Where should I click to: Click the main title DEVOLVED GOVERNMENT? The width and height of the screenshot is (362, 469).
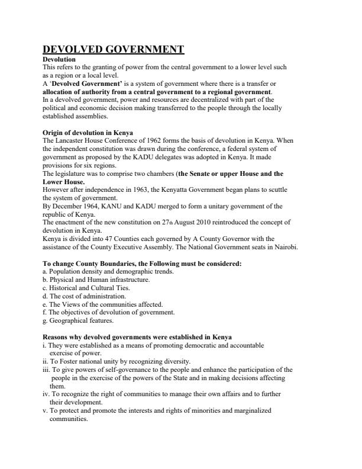click(113, 50)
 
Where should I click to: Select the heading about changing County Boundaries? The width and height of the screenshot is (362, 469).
click(142, 264)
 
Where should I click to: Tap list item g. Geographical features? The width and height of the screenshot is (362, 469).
click(78, 320)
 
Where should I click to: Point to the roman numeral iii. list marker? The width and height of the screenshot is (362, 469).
click(46, 369)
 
